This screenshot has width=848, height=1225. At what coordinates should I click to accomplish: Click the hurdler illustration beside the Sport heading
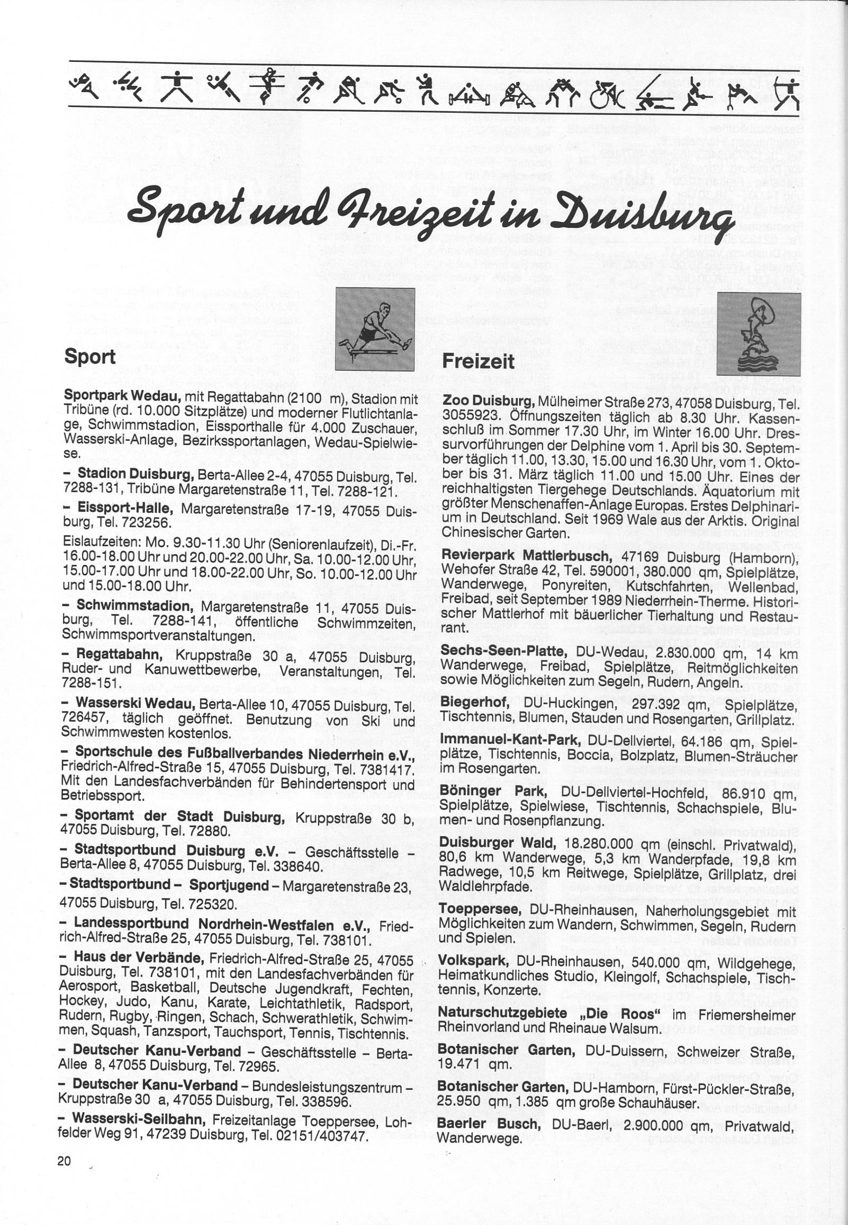coord(376,329)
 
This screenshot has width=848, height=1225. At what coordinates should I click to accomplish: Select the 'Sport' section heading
coord(90,357)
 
